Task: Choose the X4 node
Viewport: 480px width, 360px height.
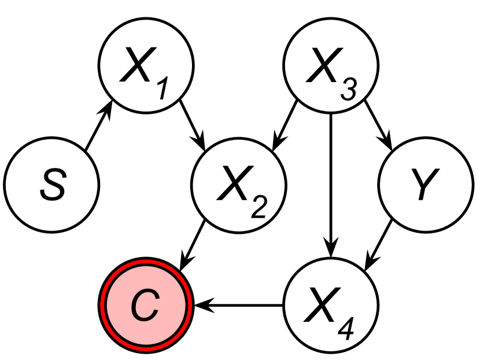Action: pos(330,304)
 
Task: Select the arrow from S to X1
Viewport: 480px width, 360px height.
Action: pos(98,128)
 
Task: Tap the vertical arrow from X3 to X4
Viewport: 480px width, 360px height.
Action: pos(330,185)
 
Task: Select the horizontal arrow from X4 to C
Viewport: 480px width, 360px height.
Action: pos(238,304)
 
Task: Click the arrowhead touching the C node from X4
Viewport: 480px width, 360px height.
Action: pos(200,304)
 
